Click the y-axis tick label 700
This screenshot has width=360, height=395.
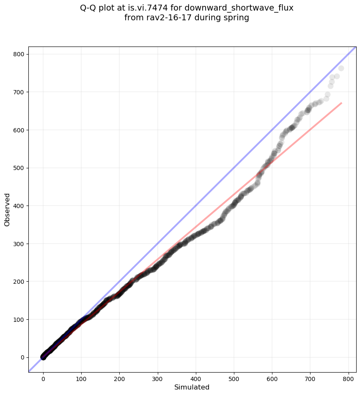tap(20, 92)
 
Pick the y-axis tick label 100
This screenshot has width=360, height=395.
tap(20, 319)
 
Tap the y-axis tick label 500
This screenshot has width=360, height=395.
tap(20, 168)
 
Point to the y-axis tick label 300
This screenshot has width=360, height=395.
tap(20, 244)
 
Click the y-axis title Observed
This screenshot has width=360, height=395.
tap(7, 209)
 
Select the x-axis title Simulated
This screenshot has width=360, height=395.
tap(192, 387)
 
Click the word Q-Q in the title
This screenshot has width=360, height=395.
tap(89, 8)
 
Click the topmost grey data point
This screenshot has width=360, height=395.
tap(341, 69)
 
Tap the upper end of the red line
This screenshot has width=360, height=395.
tap(341, 103)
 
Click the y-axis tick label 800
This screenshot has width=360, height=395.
tap(20, 54)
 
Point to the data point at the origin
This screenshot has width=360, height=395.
tap(43, 357)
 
